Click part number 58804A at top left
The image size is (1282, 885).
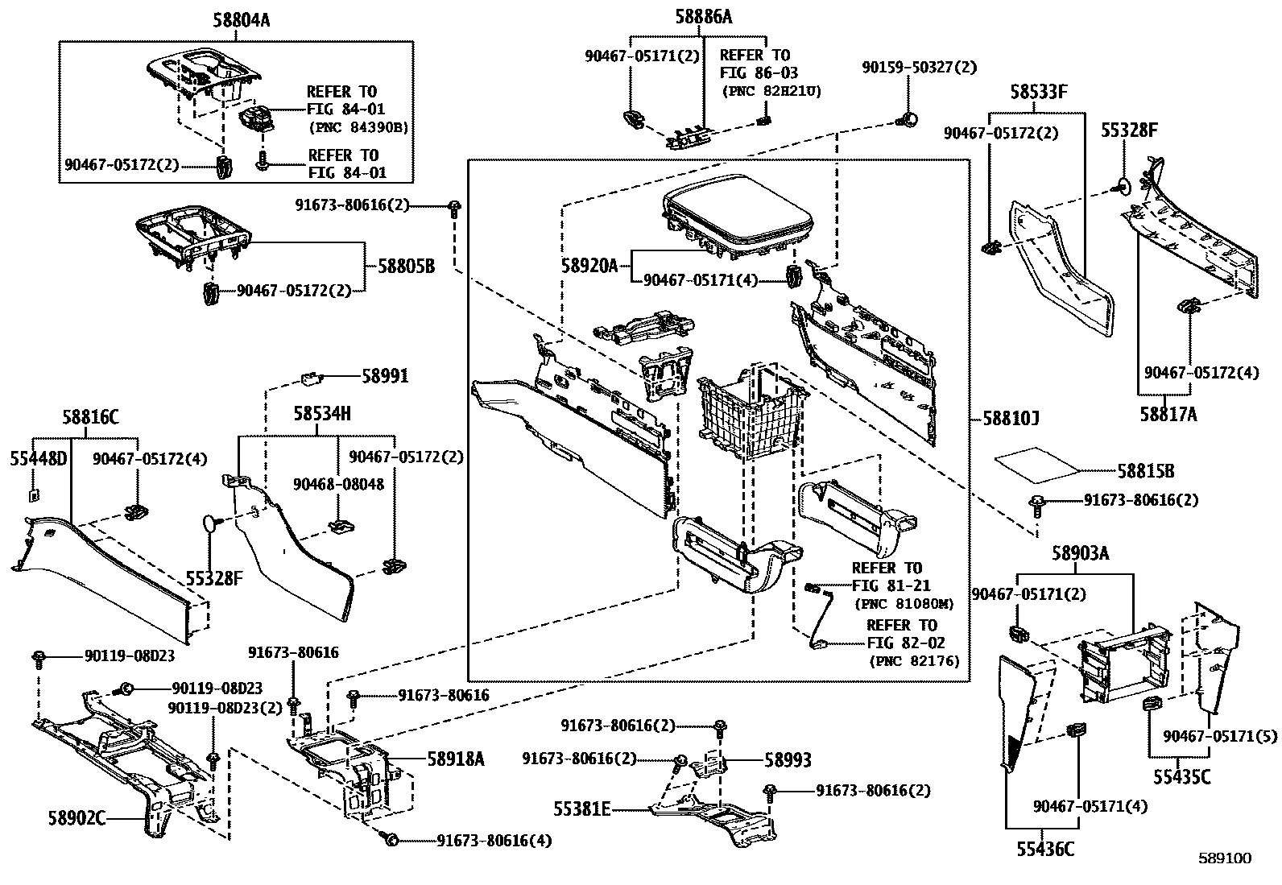(241, 22)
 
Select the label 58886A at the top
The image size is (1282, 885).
(703, 16)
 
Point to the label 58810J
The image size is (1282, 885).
(1011, 419)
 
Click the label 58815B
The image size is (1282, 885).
(1145, 470)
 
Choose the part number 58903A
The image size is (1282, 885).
(1080, 553)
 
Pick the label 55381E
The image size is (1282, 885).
(581, 808)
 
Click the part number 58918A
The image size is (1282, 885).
(456, 758)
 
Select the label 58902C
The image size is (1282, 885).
(77, 819)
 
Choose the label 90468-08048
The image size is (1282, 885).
(338, 484)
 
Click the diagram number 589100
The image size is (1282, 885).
(1224, 858)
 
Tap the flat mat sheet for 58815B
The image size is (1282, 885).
(1037, 462)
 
